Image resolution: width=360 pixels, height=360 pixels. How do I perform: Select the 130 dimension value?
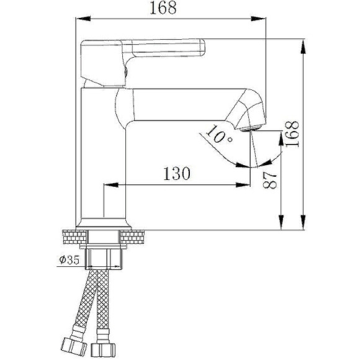(x=176, y=174)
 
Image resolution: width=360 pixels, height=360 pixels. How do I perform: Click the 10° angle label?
(x=219, y=136)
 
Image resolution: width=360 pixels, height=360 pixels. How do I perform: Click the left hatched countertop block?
(x=74, y=237)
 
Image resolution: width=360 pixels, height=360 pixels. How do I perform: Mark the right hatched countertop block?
(x=135, y=237)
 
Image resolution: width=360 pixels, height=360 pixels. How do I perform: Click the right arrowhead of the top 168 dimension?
(x=261, y=19)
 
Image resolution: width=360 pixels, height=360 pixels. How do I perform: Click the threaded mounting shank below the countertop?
(x=104, y=256)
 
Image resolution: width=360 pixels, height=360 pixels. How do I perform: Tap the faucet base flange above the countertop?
(x=104, y=223)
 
